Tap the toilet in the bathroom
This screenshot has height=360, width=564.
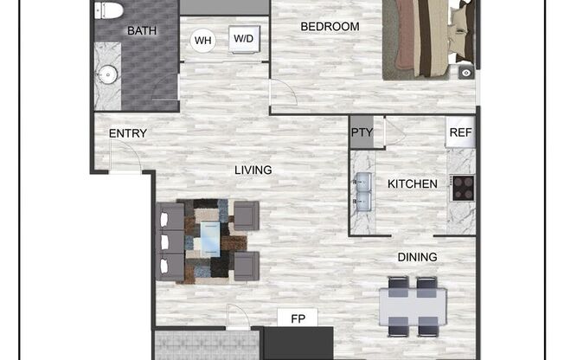click(108, 10)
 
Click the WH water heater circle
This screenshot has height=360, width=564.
click(203, 40)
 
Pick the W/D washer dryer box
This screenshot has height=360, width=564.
click(243, 38)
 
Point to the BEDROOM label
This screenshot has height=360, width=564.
click(330, 27)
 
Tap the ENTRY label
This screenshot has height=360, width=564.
click(127, 134)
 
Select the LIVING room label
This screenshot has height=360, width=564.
click(253, 170)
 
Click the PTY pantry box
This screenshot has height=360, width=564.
click(362, 133)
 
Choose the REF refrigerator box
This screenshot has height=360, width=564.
click(461, 133)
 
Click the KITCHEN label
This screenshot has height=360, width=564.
click(412, 183)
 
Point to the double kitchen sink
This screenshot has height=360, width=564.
click(362, 192)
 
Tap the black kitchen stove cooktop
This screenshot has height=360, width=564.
click(463, 189)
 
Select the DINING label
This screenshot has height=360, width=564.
click(417, 257)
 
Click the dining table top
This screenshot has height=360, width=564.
click(413, 305)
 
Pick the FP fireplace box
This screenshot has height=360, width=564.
click(298, 318)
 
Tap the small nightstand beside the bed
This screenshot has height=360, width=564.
click(466, 74)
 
